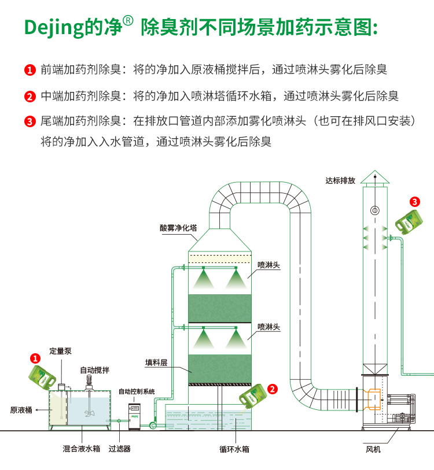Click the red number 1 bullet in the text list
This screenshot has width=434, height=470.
pyautogui.click(x=30, y=71)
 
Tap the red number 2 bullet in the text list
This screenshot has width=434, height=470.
pyautogui.click(x=30, y=97)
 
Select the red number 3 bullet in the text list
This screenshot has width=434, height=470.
pyautogui.click(x=30, y=122)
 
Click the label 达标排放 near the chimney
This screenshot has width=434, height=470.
pyautogui.click(x=340, y=180)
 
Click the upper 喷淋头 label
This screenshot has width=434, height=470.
pyautogui.click(x=269, y=265)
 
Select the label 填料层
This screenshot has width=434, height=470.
pyautogui.click(x=156, y=363)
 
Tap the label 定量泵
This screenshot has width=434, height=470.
pyautogui.click(x=60, y=351)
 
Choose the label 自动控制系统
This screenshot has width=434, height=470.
pyautogui.click(x=137, y=391)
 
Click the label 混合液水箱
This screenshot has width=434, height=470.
pyautogui.click(x=82, y=448)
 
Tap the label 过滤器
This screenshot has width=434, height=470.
pyautogui.click(x=120, y=448)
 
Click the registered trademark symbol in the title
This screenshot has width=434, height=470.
pyautogui.click(x=128, y=21)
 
